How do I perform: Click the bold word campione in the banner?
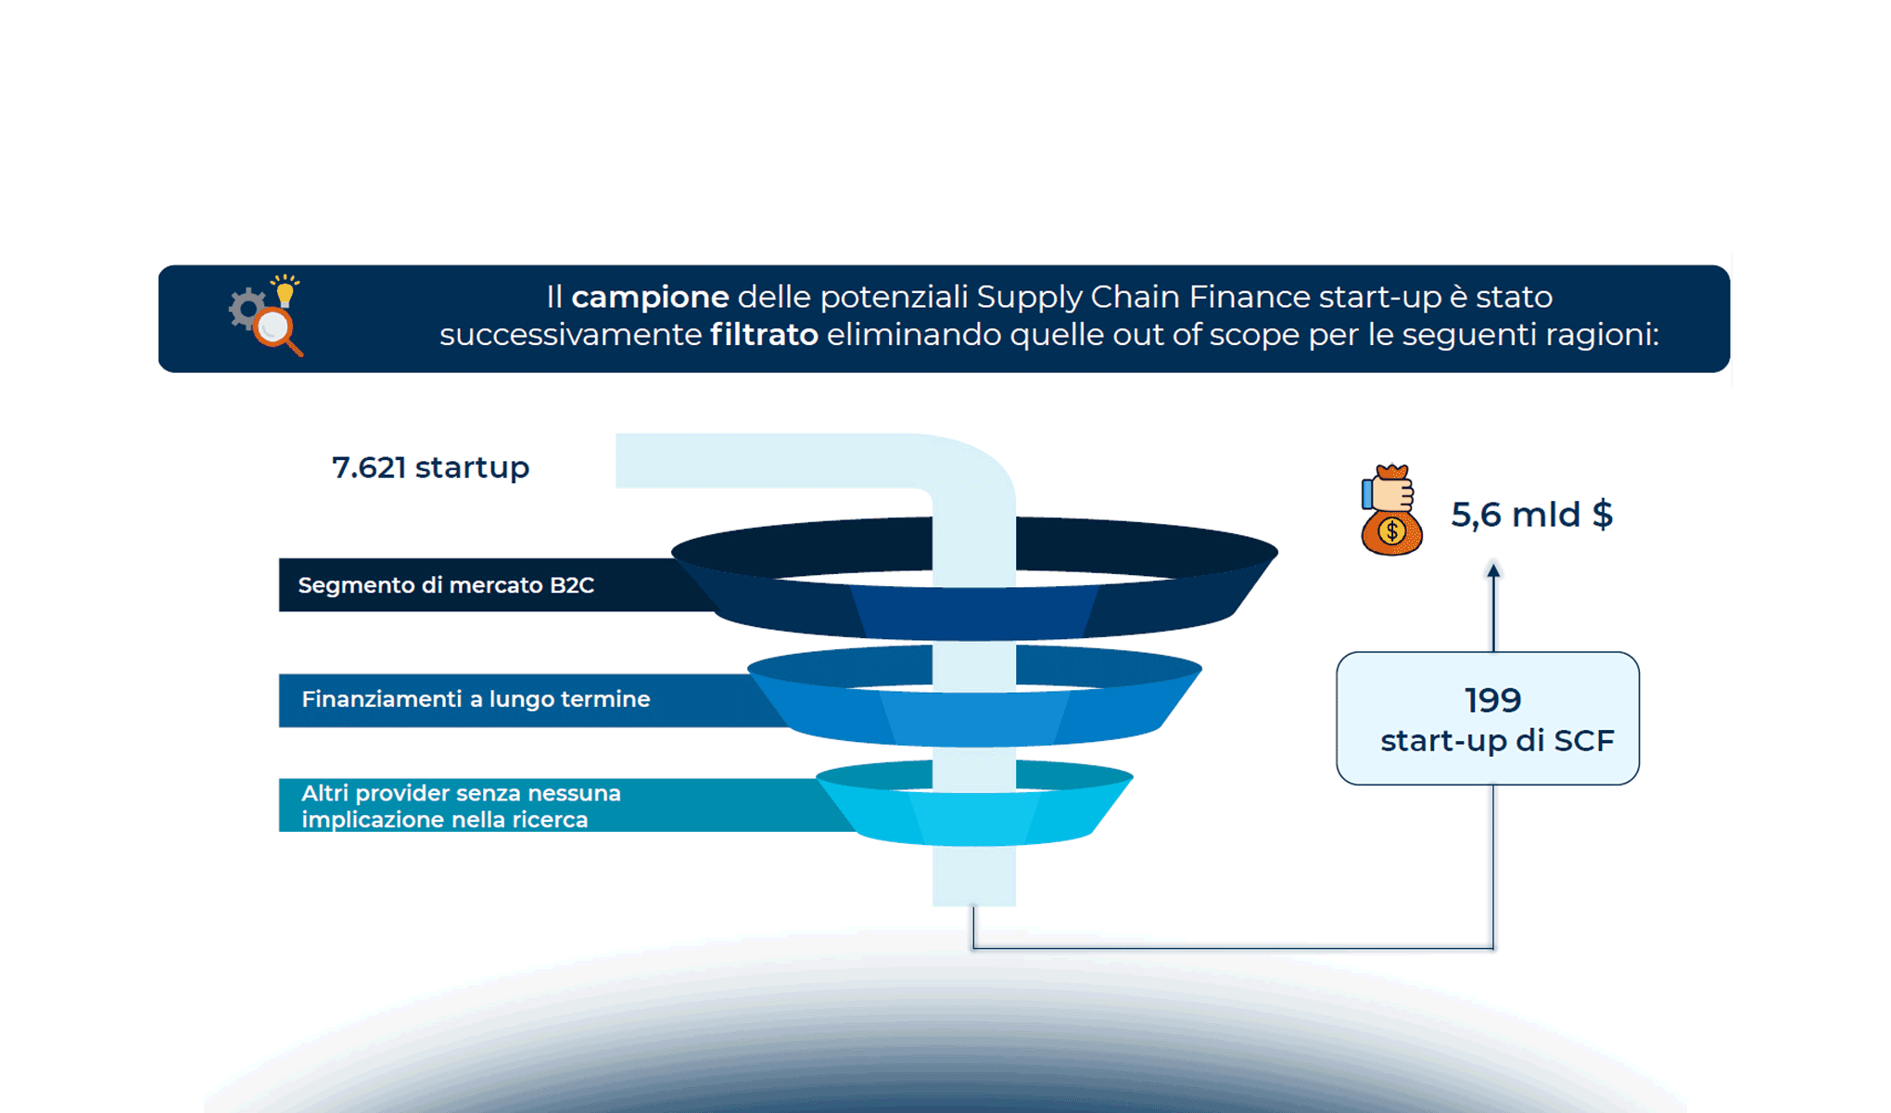[650, 297]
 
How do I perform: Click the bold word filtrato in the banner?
[764, 335]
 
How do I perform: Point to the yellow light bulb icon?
[286, 292]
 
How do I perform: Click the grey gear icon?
[247, 309]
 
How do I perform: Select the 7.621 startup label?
[430, 467]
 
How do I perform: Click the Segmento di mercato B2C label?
[446, 585]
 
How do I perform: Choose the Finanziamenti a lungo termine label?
[476, 699]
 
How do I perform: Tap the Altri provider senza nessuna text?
[461, 794]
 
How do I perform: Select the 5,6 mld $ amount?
[1531, 515]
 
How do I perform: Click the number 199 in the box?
[1492, 700]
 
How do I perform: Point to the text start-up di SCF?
[1497, 741]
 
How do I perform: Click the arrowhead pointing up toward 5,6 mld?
[1493, 570]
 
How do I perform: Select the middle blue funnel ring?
[1112, 714]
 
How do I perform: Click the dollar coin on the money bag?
[1391, 531]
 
